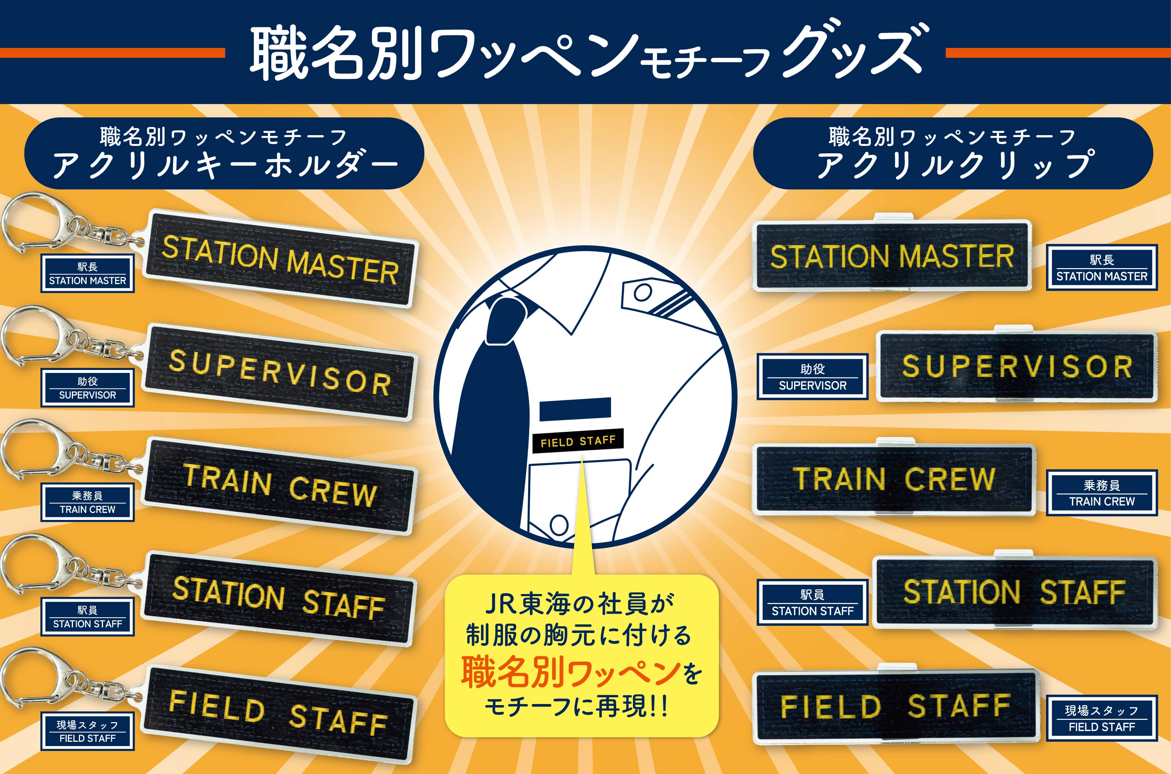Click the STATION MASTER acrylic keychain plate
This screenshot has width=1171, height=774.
(281, 258)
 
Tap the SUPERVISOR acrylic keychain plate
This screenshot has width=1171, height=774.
(279, 373)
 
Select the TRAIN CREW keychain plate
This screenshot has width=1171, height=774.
(279, 486)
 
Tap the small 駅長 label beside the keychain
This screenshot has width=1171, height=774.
(87, 273)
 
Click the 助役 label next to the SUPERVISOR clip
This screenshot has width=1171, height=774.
(812, 377)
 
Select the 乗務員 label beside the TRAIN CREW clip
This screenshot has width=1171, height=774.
(1102, 493)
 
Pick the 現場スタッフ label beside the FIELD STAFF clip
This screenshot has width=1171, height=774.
(1102, 718)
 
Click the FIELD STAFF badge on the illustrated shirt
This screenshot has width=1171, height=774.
(578, 441)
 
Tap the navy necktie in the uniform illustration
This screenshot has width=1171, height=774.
(494, 405)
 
